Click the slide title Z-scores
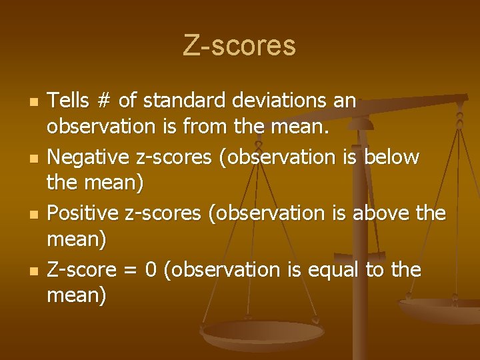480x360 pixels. [239, 45]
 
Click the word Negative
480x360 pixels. [88, 157]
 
